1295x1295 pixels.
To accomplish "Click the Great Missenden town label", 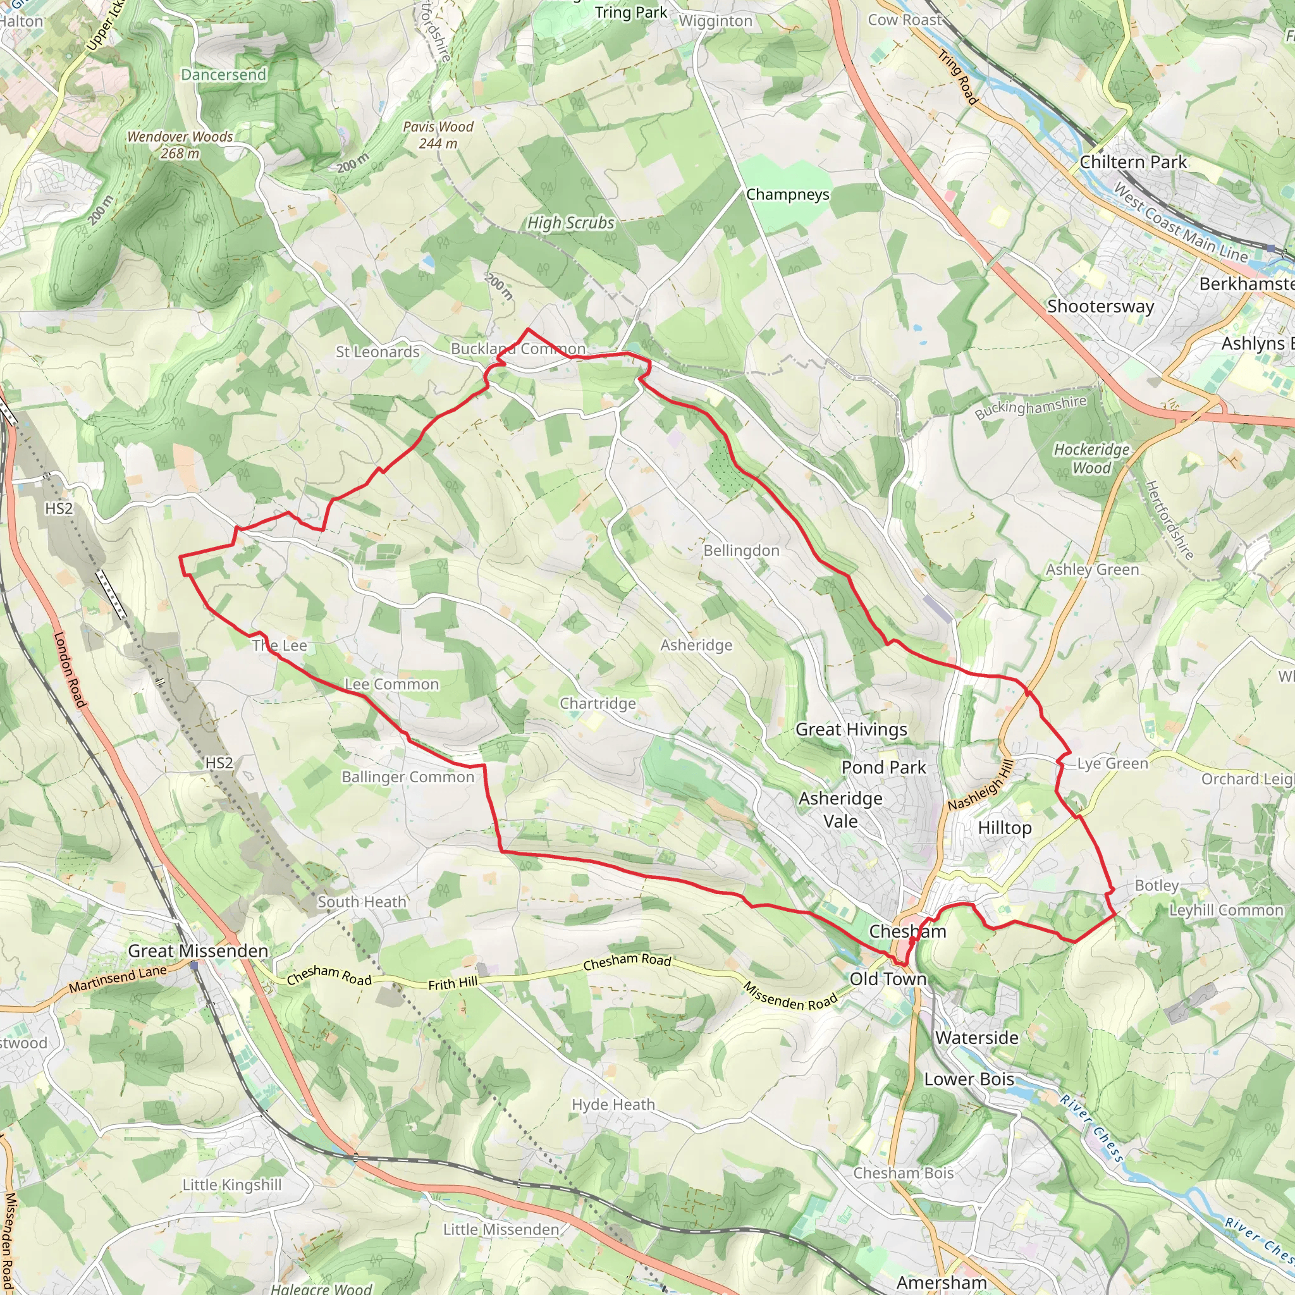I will [198, 950].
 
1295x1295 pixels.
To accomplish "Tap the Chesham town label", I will [907, 931].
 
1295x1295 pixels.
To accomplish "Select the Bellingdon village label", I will [741, 550].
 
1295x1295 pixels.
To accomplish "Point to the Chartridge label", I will [597, 703].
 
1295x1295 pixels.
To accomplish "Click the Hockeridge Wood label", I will [1091, 458].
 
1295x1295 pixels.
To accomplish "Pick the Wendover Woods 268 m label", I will [180, 145].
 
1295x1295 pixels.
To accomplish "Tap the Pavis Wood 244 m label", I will [438, 135].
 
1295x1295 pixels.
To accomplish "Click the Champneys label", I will [788, 194].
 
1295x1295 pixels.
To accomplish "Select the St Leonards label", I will [377, 352].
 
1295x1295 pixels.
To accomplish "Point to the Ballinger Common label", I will [408, 777].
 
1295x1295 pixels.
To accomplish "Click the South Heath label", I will [362, 902].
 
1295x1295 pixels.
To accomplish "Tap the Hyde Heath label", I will [613, 1104].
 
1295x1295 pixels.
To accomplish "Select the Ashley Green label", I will [1092, 569].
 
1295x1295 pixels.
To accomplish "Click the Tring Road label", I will [958, 78].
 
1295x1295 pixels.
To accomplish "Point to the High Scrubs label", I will [570, 223].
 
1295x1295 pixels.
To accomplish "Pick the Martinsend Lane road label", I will [118, 979].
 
